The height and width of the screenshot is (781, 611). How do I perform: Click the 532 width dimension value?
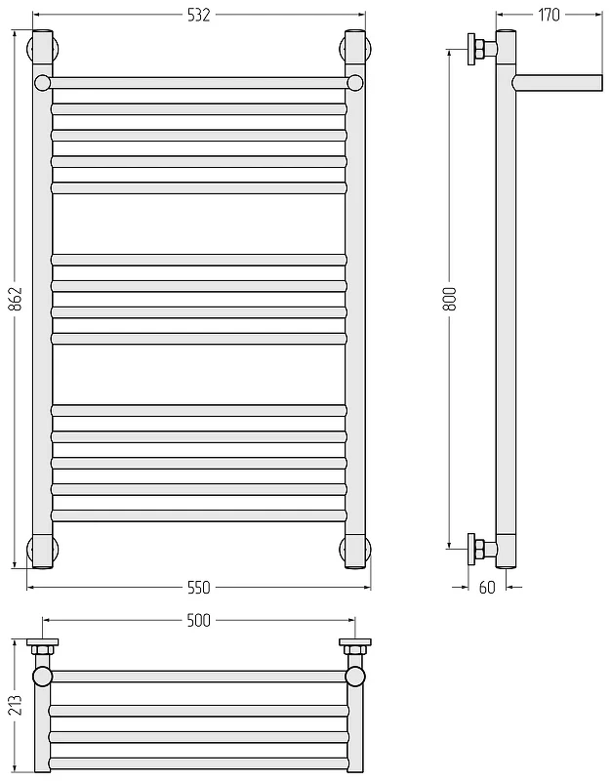click(x=199, y=16)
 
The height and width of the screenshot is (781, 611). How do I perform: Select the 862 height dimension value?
click(x=17, y=299)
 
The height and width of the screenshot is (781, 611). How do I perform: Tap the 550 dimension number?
click(x=199, y=588)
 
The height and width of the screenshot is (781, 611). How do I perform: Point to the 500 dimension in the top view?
click(x=199, y=620)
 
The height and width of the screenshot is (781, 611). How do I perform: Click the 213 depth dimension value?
click(x=17, y=705)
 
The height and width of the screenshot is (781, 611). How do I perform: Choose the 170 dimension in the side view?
click(x=549, y=15)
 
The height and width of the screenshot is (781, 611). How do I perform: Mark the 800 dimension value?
click(x=450, y=299)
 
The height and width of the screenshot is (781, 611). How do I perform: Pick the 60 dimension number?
click(x=487, y=588)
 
